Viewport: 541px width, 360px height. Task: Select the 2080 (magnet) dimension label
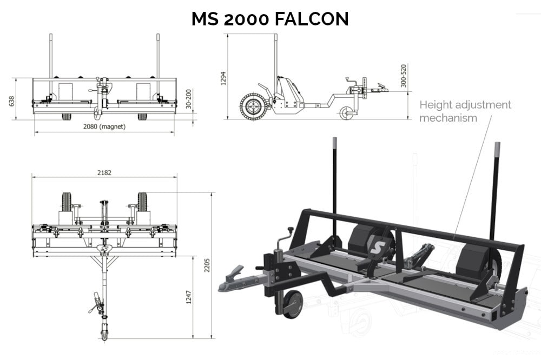[x=104, y=128]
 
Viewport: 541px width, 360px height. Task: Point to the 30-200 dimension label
[x=188, y=99]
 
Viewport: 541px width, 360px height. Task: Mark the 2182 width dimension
[x=104, y=173]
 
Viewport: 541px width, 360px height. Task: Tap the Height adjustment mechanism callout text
[x=465, y=111]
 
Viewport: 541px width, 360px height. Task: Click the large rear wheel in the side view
[x=252, y=106]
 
